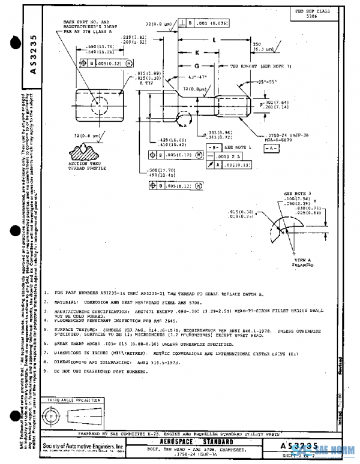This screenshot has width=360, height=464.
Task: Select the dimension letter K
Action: click(x=197, y=52)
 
